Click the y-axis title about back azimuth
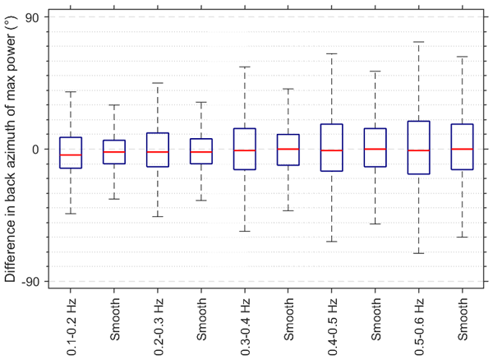12,149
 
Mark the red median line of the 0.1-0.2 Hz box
71,155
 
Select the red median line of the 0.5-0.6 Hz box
419,150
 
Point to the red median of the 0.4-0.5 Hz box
332,150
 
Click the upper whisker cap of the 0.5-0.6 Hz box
419,42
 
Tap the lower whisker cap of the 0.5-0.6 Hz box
419,253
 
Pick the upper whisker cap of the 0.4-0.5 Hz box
332,53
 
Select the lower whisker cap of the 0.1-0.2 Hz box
71,214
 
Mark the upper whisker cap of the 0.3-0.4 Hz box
245,67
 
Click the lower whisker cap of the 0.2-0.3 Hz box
158,217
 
